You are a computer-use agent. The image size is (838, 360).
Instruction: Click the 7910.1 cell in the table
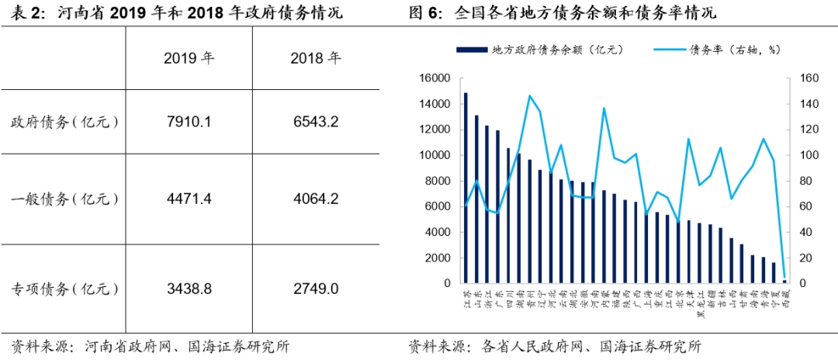point(189,122)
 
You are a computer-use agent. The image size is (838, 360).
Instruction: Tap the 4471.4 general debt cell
point(189,199)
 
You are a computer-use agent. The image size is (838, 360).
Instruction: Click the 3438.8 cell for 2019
point(189,289)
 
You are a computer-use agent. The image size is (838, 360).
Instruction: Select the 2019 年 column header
point(189,58)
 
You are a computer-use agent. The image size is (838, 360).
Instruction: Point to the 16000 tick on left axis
point(435,78)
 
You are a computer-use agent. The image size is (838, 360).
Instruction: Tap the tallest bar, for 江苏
point(466,186)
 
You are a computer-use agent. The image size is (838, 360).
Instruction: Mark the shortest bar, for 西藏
point(784,281)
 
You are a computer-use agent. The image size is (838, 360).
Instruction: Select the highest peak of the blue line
point(529,95)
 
